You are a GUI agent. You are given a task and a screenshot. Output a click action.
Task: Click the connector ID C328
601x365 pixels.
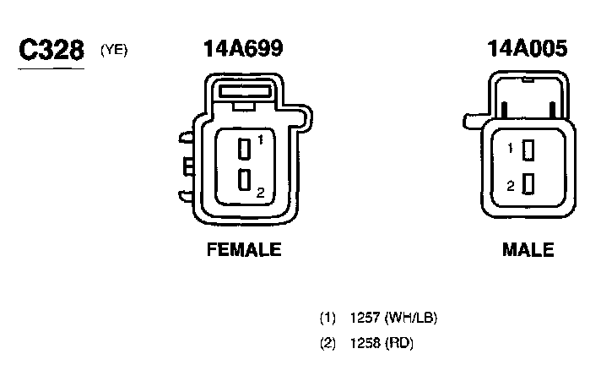pos(51,50)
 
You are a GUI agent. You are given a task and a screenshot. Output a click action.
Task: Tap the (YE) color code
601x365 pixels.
pos(114,51)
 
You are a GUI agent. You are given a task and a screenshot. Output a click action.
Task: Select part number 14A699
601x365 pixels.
pos(243,48)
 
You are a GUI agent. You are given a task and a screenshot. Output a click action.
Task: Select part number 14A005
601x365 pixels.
pos(527,48)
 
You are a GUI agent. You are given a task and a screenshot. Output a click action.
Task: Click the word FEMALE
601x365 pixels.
pos(244,249)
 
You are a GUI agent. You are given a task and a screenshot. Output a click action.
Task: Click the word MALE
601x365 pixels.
pos(528,249)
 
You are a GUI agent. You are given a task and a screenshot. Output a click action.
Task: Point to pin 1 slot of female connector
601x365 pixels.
pos(245,149)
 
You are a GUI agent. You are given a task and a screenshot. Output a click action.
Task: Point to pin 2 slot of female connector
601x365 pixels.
pos(245,180)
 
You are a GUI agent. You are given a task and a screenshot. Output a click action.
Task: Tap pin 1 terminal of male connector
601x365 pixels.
pos(528,150)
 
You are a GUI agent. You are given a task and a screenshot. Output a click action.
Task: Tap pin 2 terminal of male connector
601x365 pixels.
pos(528,184)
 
